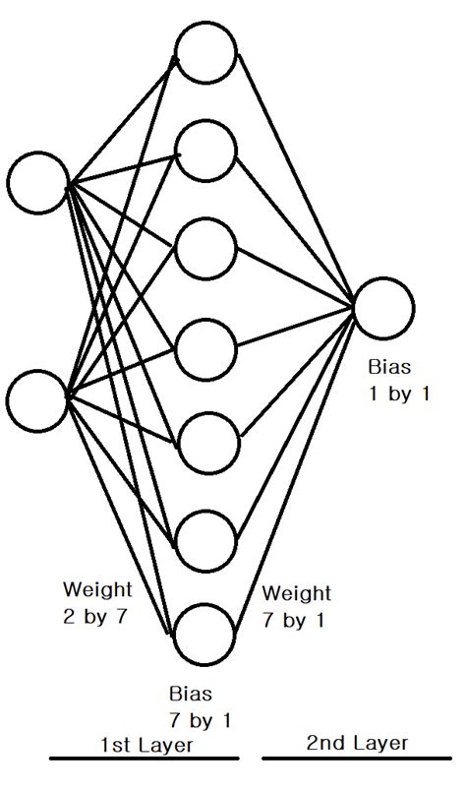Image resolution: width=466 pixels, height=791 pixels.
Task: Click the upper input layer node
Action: [37, 182]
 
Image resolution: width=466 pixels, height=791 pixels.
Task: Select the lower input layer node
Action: [37, 400]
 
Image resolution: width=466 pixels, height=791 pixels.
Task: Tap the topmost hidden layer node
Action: [206, 53]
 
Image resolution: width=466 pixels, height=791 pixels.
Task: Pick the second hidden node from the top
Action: [206, 150]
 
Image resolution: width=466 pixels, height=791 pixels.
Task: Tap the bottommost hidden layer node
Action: [206, 634]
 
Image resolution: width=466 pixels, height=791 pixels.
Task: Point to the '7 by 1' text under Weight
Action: [294, 621]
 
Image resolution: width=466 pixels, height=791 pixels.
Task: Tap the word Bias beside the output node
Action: [390, 368]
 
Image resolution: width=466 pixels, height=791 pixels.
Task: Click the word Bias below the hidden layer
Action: [190, 695]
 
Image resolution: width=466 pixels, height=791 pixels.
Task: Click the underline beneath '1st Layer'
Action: [145, 759]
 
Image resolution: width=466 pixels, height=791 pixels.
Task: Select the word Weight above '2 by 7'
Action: [97, 590]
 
